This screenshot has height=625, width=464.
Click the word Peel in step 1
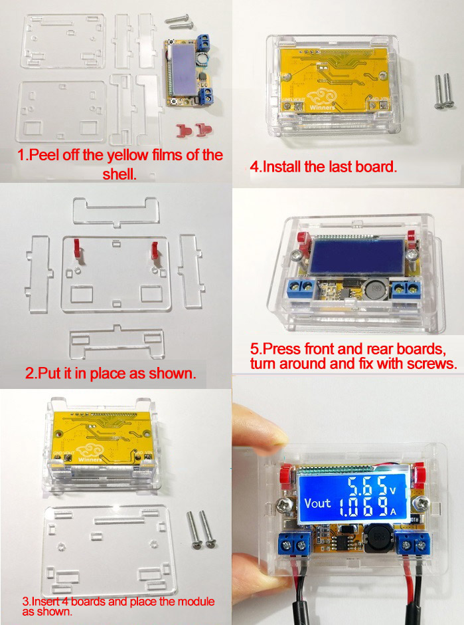tap(44, 155)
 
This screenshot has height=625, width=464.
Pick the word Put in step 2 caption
tap(50, 373)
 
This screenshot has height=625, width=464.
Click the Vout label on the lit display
tap(317, 503)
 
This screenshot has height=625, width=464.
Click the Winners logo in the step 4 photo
tap(322, 100)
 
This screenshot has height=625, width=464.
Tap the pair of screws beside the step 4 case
tap(443, 90)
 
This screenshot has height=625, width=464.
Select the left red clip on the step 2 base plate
tap(78, 250)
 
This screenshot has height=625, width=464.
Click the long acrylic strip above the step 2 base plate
tap(116, 211)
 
